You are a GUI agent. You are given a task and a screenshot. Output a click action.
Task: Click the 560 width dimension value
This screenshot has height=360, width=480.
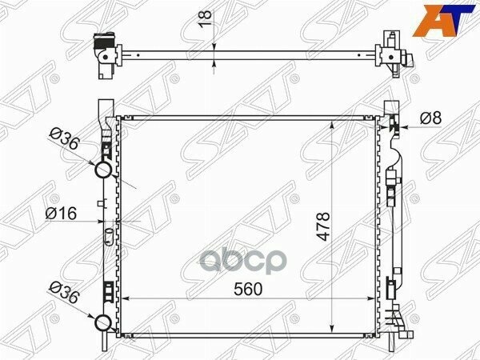point(248,289)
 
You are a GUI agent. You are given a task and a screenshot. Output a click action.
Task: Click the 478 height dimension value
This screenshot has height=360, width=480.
point(323,226)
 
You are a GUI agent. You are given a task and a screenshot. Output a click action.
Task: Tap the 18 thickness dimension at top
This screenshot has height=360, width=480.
point(206,18)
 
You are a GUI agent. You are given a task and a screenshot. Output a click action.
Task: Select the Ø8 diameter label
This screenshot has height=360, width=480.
point(430,118)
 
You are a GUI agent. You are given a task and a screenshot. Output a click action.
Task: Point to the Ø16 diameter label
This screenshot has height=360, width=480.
point(61,214)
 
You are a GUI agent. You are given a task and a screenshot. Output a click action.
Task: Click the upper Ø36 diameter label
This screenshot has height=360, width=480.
point(65,139)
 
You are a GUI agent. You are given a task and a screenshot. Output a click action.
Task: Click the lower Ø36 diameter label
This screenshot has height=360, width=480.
point(65,293)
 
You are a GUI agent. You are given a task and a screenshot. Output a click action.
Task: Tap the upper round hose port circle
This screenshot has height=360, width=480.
point(103,170)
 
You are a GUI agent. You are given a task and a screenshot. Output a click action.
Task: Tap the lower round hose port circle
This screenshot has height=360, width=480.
point(103,322)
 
